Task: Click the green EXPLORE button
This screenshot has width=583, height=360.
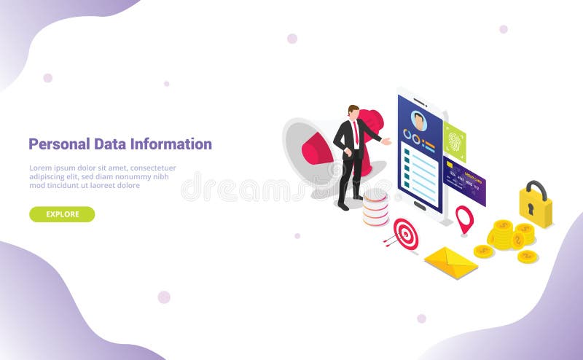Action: coord(62,214)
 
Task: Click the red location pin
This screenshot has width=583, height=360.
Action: coord(464,218)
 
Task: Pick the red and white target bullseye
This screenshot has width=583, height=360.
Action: coord(407,234)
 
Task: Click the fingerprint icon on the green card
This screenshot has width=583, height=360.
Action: coord(455,141)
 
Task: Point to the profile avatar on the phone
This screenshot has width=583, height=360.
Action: coord(418,120)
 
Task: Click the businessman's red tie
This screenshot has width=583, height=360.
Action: coord(356,134)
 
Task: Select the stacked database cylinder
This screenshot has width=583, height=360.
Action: coord(376,207)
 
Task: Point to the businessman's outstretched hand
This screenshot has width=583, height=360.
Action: coord(387,142)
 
